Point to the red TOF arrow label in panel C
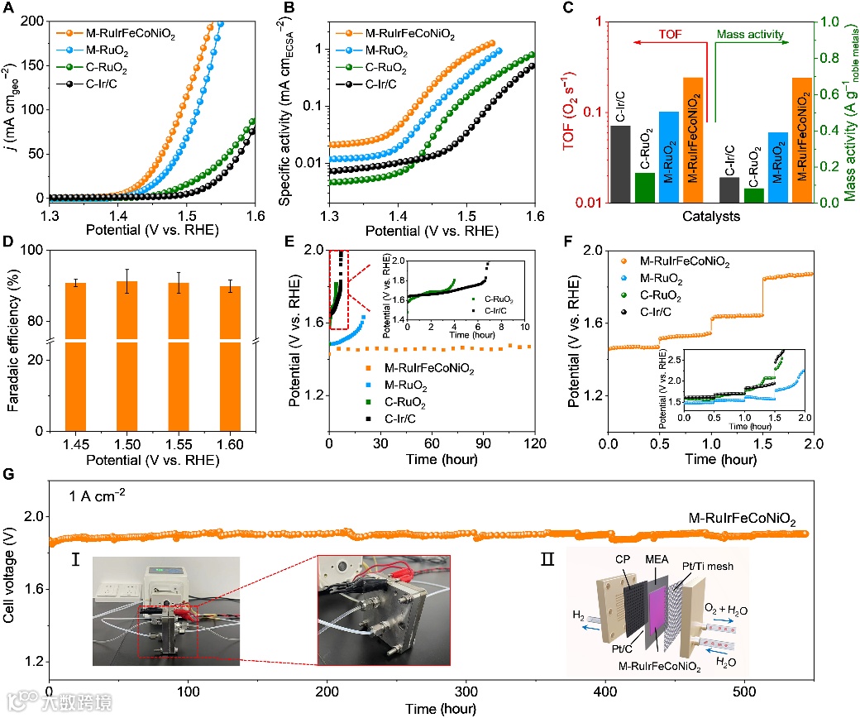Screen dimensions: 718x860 click(671, 36)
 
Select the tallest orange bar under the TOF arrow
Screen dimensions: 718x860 click(693, 140)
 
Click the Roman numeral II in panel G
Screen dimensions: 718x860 click(547, 560)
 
